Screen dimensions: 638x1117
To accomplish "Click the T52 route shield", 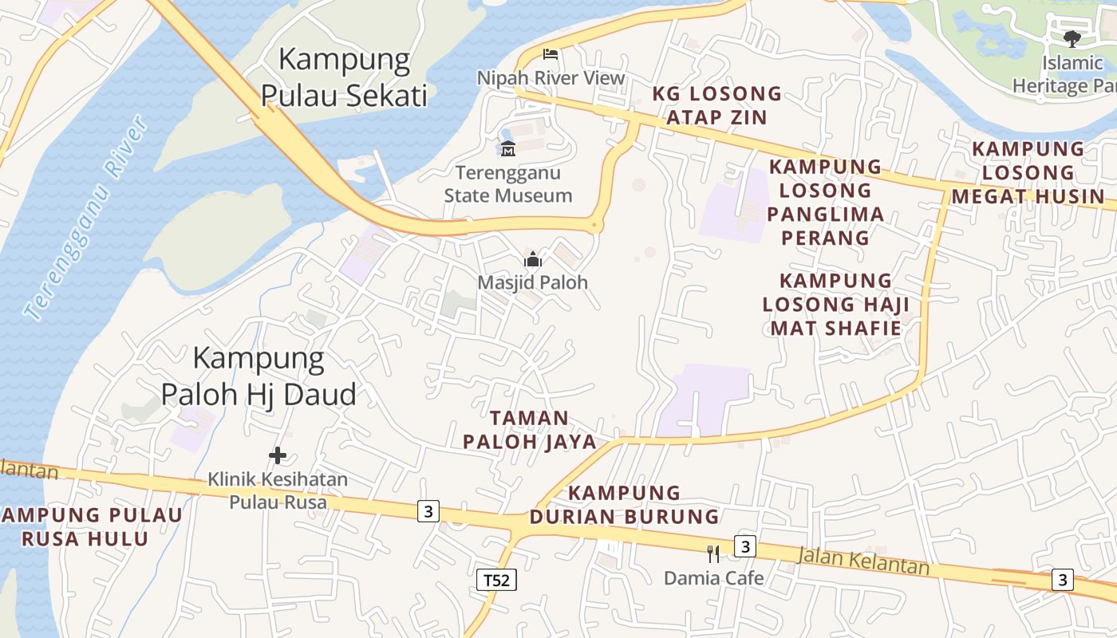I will click(x=496, y=580).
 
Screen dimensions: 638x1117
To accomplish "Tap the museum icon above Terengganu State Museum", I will click(x=507, y=148).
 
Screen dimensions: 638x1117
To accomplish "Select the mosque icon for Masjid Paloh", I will click(x=532, y=259).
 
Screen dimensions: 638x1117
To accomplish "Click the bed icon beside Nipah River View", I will click(x=550, y=54).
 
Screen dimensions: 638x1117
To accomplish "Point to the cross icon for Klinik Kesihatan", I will click(x=278, y=455).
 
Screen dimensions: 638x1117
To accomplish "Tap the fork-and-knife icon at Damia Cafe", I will click(x=713, y=553).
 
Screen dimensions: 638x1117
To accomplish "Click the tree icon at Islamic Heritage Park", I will click(x=1072, y=38).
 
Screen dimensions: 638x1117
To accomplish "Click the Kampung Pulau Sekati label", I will click(x=345, y=77).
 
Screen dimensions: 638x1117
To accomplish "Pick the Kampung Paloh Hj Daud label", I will click(x=259, y=376).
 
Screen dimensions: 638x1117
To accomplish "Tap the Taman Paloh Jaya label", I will click(x=530, y=430).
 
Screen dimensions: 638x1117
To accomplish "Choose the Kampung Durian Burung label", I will click(x=625, y=505).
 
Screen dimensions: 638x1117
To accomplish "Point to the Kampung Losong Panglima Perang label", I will click(x=825, y=203).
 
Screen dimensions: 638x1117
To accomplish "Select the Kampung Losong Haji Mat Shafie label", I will click(x=835, y=305).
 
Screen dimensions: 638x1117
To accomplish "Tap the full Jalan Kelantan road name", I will click(x=864, y=560).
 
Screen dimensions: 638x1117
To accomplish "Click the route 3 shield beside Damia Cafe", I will click(x=744, y=546).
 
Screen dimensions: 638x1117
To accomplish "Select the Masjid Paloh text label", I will click(x=532, y=282).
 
